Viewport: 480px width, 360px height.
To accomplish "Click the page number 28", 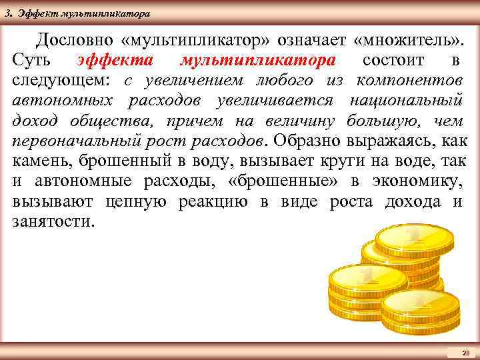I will point(466,352).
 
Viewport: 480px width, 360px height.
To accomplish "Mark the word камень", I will point(41,162).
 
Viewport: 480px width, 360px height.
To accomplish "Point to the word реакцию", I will point(216,202).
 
